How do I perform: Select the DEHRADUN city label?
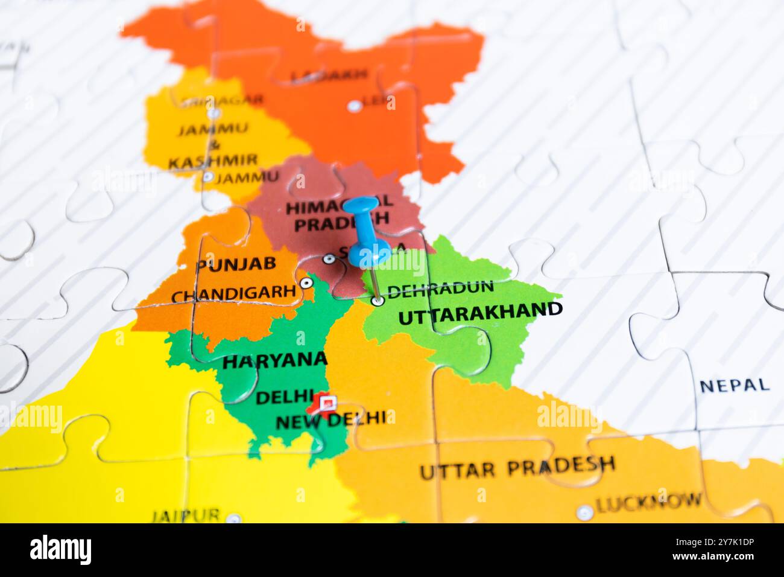(x=440, y=289)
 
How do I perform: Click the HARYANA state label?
(x=274, y=360)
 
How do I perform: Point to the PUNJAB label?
(x=236, y=263)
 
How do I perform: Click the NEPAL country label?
(x=735, y=385)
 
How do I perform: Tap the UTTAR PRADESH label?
(x=517, y=467)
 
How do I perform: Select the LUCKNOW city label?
(x=649, y=501)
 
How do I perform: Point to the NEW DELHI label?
(x=330, y=419)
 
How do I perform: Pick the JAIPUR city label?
(x=185, y=516)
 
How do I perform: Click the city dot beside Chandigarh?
(x=306, y=282)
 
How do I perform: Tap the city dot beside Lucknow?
(x=584, y=512)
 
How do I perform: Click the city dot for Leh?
(x=355, y=106)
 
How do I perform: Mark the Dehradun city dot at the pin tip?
(x=378, y=300)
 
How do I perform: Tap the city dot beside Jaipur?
(x=233, y=518)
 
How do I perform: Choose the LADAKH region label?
(x=329, y=75)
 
